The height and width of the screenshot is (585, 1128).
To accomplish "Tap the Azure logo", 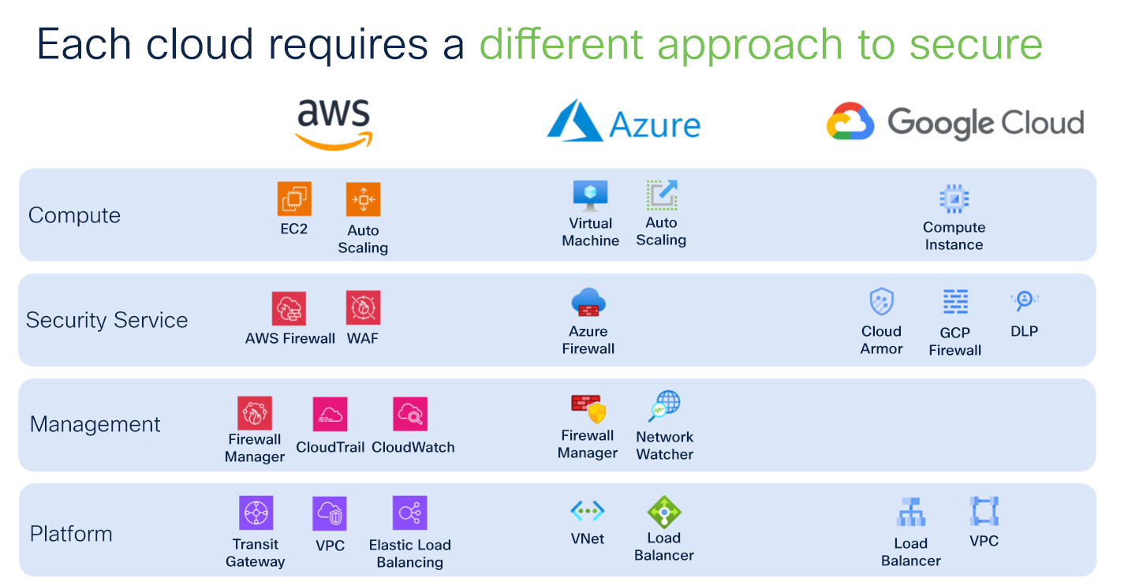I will (623, 123).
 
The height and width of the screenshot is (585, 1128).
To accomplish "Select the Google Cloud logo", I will (955, 123).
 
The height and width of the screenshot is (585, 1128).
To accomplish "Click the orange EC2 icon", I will (294, 199).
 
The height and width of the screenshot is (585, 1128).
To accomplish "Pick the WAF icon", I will (363, 307).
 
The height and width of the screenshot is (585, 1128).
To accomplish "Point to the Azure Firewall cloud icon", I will (588, 303).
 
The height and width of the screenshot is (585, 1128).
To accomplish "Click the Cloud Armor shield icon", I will (881, 302).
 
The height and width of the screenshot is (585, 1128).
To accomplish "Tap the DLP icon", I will (1024, 300).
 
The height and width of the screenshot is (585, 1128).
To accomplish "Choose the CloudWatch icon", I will (410, 414).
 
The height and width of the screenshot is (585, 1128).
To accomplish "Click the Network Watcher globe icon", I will (664, 407).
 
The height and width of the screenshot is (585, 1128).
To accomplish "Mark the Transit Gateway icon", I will (256, 513).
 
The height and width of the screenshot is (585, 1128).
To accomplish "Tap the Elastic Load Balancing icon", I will (409, 513).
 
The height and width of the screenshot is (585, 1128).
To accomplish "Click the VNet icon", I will (588, 511).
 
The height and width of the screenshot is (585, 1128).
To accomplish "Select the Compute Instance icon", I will (954, 199).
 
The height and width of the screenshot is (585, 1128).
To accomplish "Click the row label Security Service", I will (106, 320).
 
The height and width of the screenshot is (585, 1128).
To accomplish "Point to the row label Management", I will (95, 424).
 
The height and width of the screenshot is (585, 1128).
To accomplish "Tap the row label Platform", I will (71, 534).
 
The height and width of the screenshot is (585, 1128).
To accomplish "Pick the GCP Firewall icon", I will (955, 302).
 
